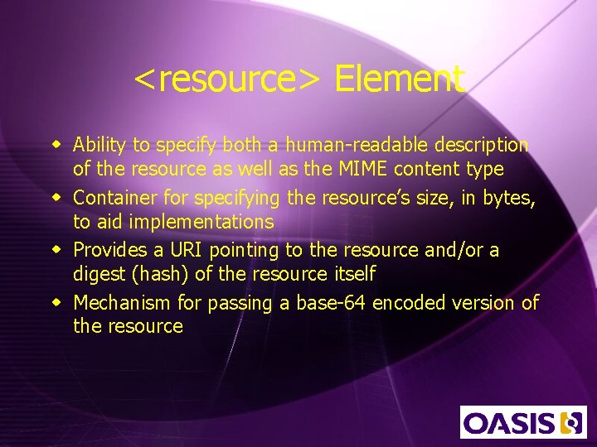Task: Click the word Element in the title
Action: [x=399, y=79]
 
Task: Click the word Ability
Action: [x=99, y=145]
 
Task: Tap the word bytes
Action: [x=514, y=198]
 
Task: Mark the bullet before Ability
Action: [x=56, y=146]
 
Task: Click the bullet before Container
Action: [x=56, y=198]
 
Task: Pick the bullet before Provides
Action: [x=56, y=250]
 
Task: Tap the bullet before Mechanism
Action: [x=56, y=303]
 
